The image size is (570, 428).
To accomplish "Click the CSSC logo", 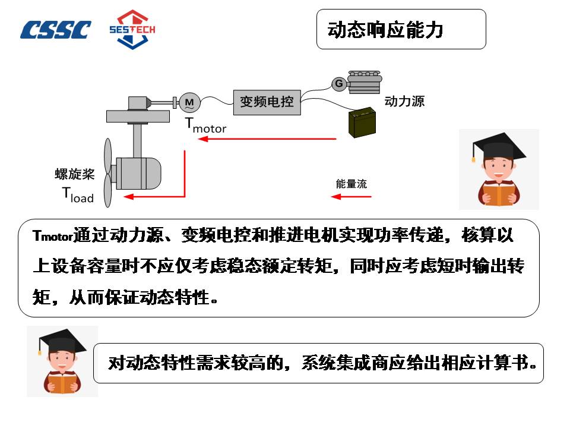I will click(x=56, y=30).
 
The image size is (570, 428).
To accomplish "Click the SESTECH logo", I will click(x=132, y=29).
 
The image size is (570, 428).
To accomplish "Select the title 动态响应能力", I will click(x=385, y=29).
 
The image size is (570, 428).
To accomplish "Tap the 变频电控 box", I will click(x=267, y=102).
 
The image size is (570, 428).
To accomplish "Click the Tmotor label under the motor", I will click(x=205, y=125).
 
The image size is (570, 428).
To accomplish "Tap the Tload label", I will click(x=78, y=194).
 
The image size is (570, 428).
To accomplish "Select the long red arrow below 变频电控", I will click(x=267, y=139).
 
